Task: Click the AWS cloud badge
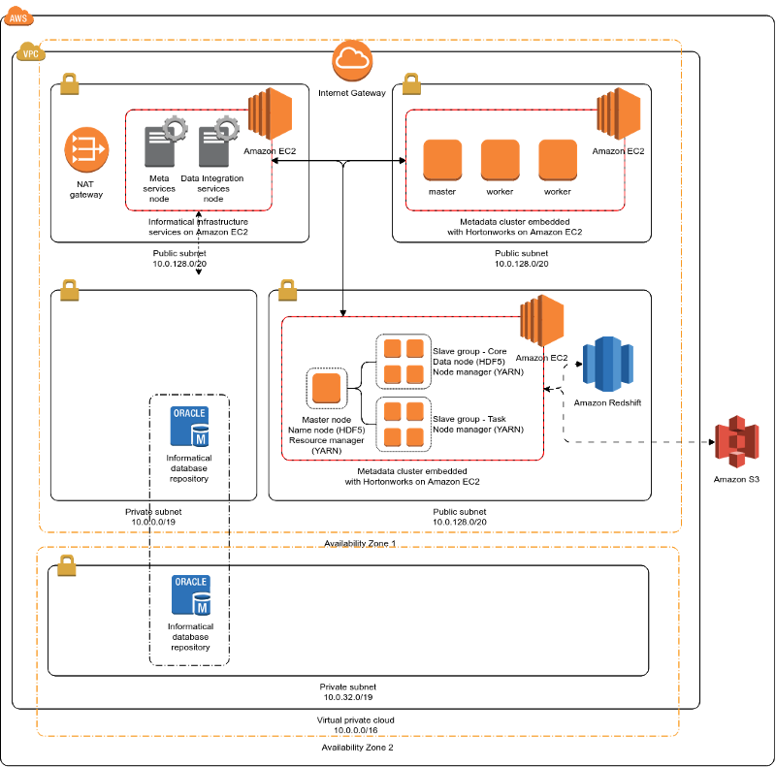[18, 16]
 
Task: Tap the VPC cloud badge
[31, 52]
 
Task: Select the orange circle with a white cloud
[352, 60]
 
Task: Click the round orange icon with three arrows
[86, 149]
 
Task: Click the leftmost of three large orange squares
[442, 159]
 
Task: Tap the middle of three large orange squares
[500, 159]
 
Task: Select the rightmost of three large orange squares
[558, 159]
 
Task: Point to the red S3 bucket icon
[737, 441]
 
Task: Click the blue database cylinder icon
[608, 364]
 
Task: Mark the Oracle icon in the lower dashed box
[191, 594]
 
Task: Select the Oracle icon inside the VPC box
[189, 426]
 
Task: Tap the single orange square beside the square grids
[326, 388]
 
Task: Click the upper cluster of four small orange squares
[404, 361]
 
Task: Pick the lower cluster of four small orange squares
[404, 424]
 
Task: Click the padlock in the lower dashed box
[67, 564]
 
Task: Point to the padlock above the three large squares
[411, 83]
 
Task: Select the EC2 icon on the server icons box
[271, 113]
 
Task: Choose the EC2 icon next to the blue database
[542, 320]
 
